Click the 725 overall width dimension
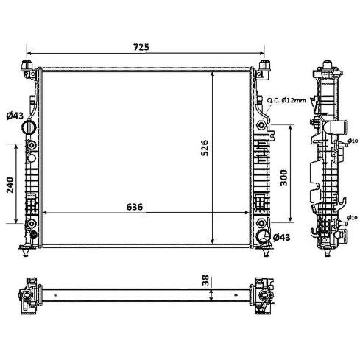coord(141,47)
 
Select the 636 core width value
coord(135,207)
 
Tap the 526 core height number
coord(205,148)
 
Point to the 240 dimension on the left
coord(10,185)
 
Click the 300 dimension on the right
coord(283,177)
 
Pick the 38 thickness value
coord(205,280)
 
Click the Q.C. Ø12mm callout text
coord(286,100)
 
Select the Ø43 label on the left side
coord(15,116)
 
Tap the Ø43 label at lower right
coord(282,237)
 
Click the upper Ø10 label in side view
coord(353,141)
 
